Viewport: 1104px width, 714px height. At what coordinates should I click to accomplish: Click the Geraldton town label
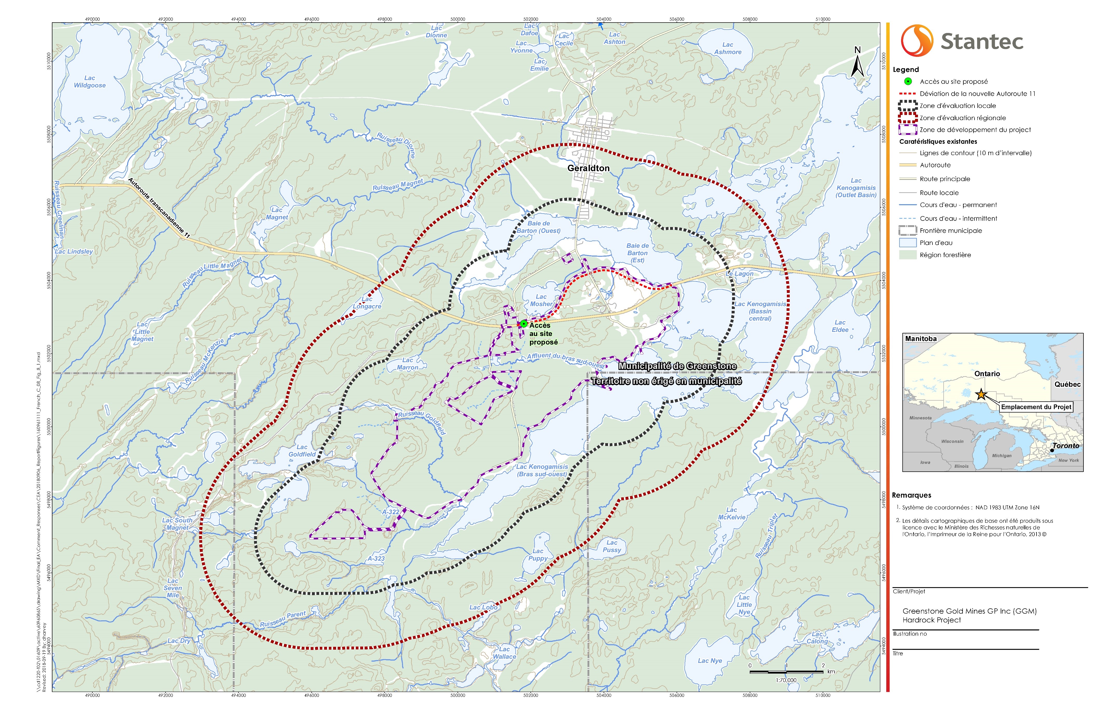[588, 168]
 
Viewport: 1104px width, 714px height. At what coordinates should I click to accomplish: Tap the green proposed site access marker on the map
[523, 324]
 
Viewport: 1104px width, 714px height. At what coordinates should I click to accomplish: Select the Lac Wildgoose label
[90, 82]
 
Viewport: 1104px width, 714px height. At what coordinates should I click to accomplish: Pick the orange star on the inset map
[981, 395]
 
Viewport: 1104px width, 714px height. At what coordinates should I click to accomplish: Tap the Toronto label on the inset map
[1066, 445]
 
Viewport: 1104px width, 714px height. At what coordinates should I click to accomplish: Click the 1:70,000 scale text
[786, 680]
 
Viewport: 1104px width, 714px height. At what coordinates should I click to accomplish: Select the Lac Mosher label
[541, 300]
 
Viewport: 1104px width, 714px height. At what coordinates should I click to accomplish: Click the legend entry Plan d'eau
[936, 243]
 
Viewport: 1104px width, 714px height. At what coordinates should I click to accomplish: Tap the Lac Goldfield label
[302, 451]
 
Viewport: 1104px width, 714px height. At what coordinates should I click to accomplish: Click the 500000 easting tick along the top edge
[458, 19]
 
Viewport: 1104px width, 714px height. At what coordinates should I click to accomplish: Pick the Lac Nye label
[710, 661]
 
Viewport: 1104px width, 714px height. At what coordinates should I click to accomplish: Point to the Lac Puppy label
[538, 554]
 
